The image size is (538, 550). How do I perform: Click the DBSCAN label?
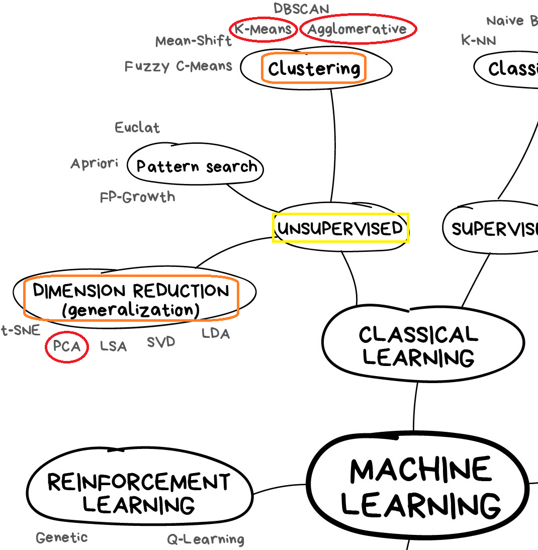[x=301, y=9]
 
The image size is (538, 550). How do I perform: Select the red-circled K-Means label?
[x=263, y=29]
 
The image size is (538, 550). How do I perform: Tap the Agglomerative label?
[x=357, y=29]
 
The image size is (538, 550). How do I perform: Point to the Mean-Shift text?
[x=194, y=41]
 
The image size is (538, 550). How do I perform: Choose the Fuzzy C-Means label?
[x=178, y=66]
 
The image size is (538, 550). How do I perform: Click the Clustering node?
[x=314, y=68]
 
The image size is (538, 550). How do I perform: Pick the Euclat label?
[x=137, y=128]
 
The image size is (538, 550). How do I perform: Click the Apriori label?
[x=95, y=163]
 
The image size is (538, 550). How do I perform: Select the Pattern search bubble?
[x=196, y=166]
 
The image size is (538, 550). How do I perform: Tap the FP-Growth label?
[x=138, y=197]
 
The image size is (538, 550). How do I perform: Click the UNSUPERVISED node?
[x=340, y=228]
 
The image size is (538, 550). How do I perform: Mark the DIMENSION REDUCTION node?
[x=131, y=300]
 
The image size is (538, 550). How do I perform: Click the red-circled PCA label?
[x=67, y=347]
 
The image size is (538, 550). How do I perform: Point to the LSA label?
[x=113, y=346]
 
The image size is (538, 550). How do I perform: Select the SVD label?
[x=161, y=342]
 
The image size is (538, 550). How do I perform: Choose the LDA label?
[x=216, y=333]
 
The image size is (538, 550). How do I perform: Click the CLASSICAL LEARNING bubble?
[x=418, y=346]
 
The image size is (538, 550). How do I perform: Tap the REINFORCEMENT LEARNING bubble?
[x=139, y=493]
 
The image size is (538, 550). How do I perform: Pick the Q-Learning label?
[x=206, y=540]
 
